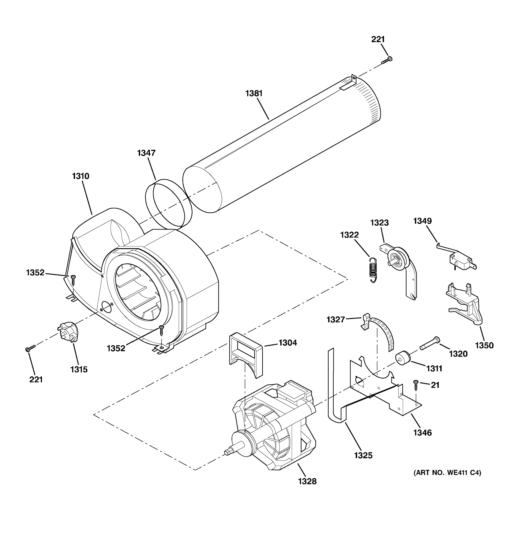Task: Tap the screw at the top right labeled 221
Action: pyautogui.click(x=387, y=61)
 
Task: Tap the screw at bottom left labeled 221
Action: pyautogui.click(x=30, y=348)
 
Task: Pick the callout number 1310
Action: pyautogui.click(x=81, y=176)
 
